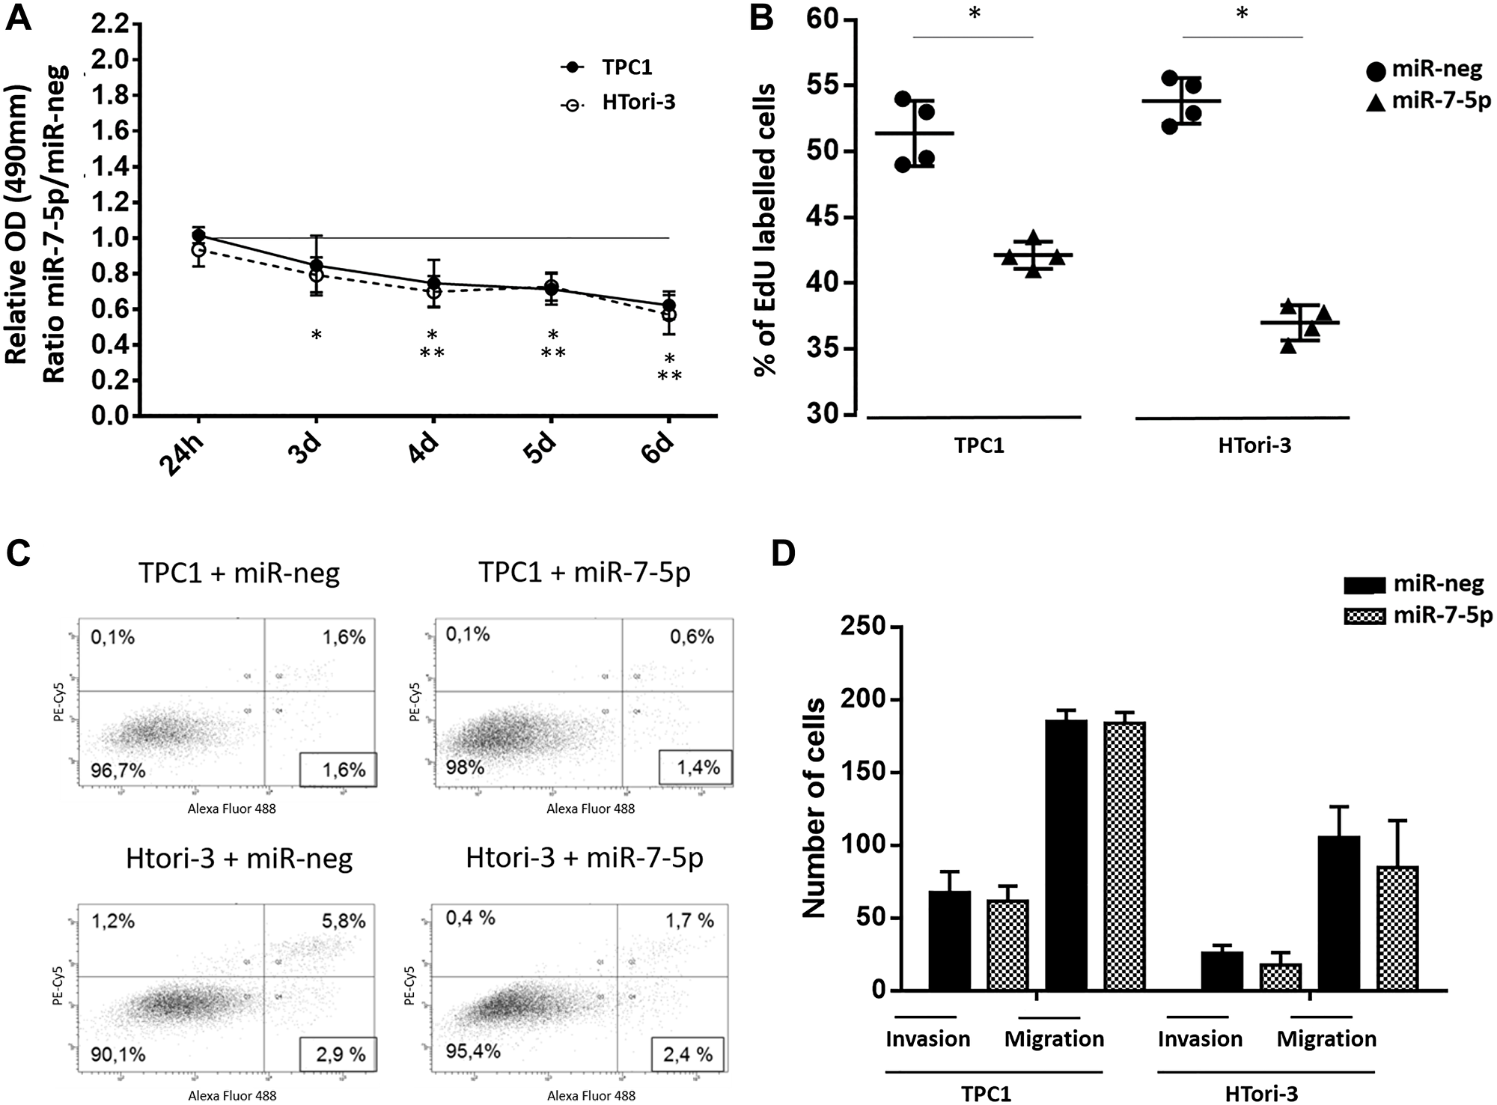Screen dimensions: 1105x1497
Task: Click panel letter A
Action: (x=19, y=16)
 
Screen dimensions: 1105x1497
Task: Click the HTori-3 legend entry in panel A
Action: (x=638, y=103)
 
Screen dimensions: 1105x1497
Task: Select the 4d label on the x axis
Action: (x=424, y=450)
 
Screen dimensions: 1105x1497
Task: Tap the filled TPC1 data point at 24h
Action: (x=198, y=236)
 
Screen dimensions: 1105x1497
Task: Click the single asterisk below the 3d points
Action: (x=317, y=336)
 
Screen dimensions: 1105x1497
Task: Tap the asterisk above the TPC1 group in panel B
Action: (x=974, y=14)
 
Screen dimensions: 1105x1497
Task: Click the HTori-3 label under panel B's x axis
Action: (x=1254, y=446)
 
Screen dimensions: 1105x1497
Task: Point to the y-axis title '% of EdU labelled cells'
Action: (x=765, y=228)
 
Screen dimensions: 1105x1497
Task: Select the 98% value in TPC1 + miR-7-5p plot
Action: (x=465, y=767)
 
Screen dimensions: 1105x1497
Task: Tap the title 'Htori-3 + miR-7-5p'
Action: (x=584, y=857)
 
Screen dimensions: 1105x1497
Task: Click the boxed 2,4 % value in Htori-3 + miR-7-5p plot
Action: (x=687, y=1055)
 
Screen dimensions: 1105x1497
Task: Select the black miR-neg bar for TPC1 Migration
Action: (x=1066, y=854)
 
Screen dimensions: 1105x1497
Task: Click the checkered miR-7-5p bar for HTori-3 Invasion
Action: (x=1281, y=976)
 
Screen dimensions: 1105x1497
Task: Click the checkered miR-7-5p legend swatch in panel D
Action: (x=1365, y=616)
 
